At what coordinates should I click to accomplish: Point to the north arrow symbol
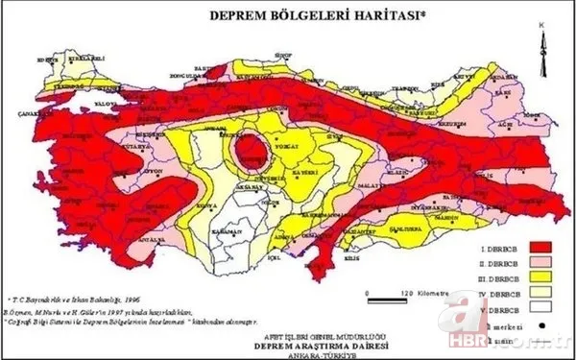(x=543, y=47)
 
